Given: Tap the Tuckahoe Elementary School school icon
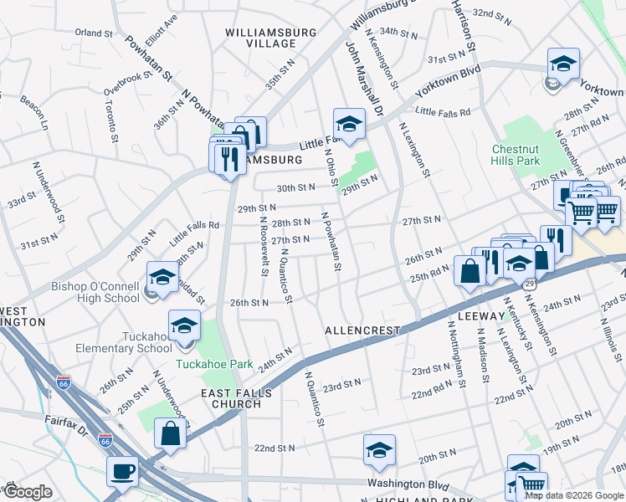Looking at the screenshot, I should [x=184, y=327].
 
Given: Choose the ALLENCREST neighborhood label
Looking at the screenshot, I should [x=363, y=331].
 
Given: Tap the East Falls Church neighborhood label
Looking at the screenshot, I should [x=233, y=397].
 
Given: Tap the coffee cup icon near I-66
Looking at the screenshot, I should [x=122, y=471].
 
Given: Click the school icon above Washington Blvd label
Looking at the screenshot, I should [x=379, y=450].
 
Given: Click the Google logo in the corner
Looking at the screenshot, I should [x=27, y=492].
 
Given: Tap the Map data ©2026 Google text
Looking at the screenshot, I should [x=574, y=495].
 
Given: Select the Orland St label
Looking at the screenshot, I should [x=93, y=33].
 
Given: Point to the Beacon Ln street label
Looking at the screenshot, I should [x=35, y=112].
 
